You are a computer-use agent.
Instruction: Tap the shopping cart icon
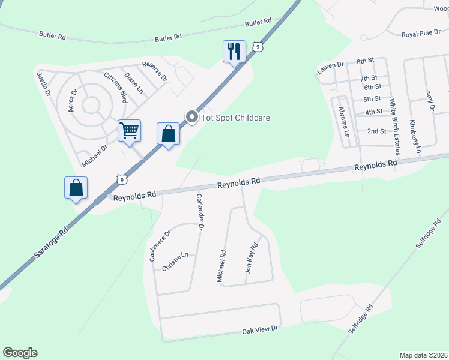tap(130, 130)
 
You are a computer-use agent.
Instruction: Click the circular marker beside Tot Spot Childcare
tap(192, 117)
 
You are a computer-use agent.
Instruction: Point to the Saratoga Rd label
tap(51, 239)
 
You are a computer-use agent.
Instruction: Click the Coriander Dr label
tap(200, 212)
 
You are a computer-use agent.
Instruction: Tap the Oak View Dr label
tap(260, 329)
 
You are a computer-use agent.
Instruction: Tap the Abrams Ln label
tap(343, 122)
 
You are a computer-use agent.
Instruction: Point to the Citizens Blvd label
tap(115, 88)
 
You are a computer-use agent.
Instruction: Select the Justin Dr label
tap(43, 86)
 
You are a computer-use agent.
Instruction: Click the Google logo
tap(20, 353)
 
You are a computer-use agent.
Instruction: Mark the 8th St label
tap(365, 61)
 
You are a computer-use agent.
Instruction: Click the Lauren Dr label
tap(330, 68)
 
